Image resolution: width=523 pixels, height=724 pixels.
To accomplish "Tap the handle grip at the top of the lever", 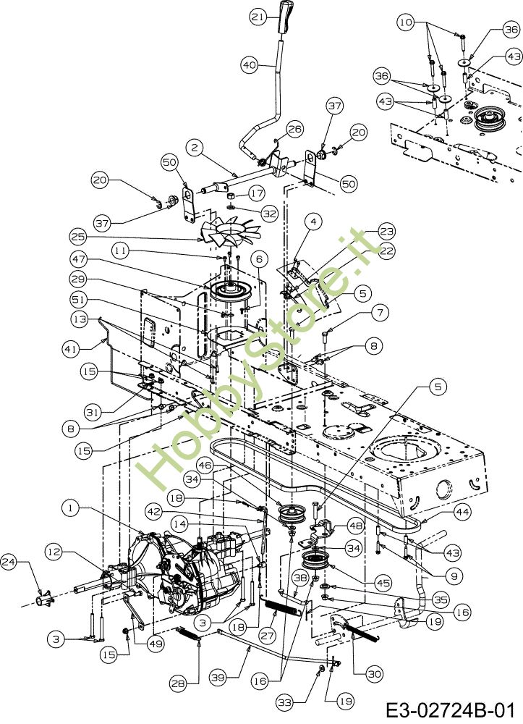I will (x=284, y=16).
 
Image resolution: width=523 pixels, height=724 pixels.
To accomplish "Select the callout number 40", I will (x=249, y=64).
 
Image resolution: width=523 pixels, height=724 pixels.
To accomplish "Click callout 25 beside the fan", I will (x=79, y=236).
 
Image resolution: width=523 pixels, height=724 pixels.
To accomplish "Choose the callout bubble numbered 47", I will (x=79, y=258).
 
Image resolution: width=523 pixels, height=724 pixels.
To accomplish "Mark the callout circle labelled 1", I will (x=70, y=509).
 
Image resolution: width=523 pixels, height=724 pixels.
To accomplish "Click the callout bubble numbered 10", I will (x=406, y=22).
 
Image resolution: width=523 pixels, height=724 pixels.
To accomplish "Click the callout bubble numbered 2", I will (x=193, y=146).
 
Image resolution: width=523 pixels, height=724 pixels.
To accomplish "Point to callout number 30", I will (x=374, y=673).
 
